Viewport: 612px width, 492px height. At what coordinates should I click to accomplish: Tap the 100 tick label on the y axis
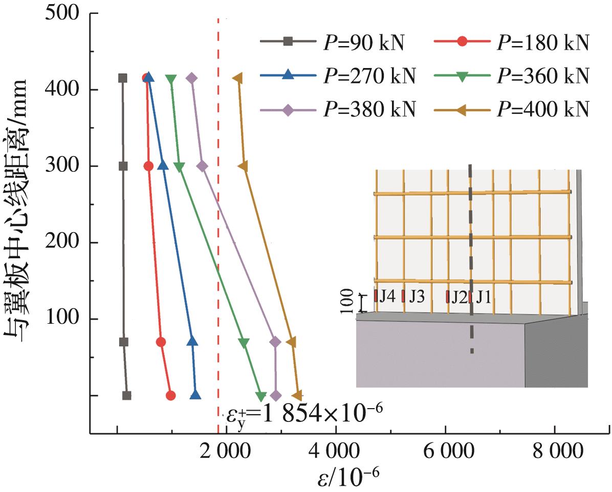coord(64,319)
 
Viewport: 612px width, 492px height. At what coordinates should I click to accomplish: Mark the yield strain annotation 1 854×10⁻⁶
coord(304,412)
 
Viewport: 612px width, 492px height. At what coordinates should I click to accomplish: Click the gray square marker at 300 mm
coord(123,166)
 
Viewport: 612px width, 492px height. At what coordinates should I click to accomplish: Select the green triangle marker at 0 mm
coord(261,396)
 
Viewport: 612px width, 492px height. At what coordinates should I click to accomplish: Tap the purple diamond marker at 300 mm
coord(202,166)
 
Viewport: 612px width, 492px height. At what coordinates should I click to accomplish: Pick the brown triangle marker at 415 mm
coord(237,78)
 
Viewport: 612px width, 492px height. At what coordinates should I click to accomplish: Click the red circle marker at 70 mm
coord(161,342)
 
